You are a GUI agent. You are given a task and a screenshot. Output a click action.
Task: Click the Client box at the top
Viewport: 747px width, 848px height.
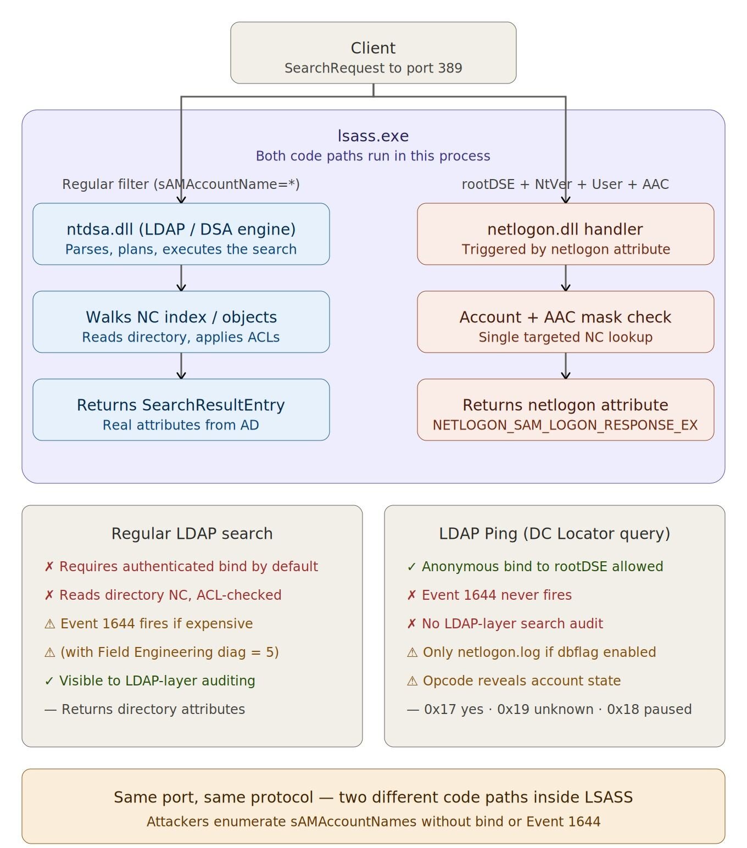point(373,53)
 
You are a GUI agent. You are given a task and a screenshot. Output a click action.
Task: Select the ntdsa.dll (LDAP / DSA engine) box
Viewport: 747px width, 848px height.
point(181,234)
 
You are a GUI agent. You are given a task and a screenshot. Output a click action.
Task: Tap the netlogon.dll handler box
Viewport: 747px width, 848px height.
point(566,234)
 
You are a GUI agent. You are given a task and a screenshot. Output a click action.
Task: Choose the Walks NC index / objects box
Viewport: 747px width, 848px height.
point(181,322)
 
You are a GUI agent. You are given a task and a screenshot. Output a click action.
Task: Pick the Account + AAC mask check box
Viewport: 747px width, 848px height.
point(566,322)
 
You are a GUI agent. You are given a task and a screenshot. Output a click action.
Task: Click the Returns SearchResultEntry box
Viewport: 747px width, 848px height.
point(181,410)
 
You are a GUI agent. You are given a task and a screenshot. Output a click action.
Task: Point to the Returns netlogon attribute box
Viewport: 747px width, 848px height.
point(566,410)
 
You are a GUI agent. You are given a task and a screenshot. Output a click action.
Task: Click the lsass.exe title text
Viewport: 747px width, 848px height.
point(373,136)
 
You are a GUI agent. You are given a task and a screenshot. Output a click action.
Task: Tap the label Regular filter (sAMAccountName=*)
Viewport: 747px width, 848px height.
point(181,184)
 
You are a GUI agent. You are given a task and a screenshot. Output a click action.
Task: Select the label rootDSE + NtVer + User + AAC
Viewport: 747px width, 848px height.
point(565,184)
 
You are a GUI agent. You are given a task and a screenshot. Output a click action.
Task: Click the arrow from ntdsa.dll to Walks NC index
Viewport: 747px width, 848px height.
point(181,278)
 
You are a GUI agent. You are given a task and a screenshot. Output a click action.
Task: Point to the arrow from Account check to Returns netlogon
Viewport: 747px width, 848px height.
point(566,366)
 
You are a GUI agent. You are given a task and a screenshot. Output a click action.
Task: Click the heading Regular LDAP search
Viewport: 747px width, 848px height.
point(192,534)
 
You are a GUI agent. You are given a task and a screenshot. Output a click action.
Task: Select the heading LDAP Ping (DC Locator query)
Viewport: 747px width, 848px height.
point(555,534)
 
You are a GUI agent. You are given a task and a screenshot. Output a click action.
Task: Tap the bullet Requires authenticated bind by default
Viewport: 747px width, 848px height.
point(181,566)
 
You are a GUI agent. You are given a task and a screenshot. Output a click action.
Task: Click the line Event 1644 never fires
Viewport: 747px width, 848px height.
point(489,595)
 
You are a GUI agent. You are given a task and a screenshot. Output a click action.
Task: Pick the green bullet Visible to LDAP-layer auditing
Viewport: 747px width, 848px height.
point(150,680)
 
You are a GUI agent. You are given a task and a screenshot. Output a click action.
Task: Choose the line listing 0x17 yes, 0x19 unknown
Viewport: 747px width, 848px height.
point(549,709)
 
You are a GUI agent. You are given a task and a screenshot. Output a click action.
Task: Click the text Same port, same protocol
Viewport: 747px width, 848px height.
point(214,797)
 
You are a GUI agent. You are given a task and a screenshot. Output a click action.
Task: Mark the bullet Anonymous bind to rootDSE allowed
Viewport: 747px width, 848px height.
point(535,566)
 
